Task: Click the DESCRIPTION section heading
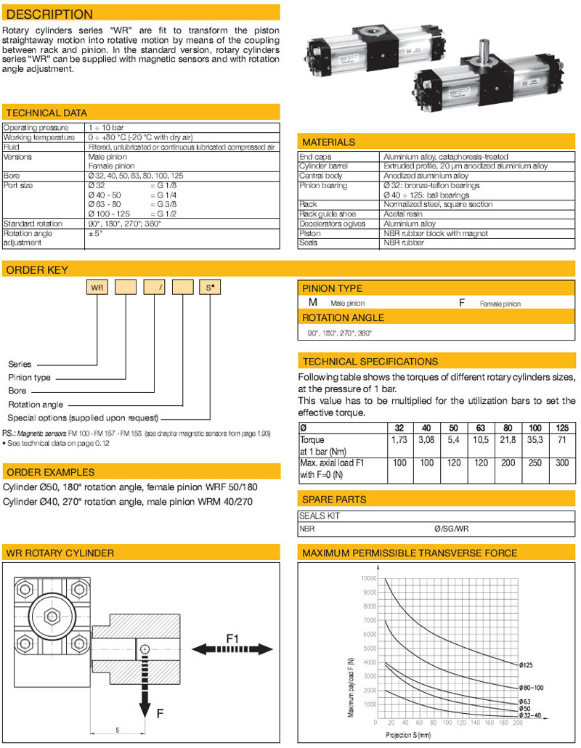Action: (49, 14)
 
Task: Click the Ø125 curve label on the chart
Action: (528, 664)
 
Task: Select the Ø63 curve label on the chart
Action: (524, 701)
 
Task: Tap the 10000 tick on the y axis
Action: (367, 578)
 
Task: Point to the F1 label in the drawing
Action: (233, 638)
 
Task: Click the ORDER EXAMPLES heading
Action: (50, 472)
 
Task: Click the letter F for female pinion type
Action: (461, 303)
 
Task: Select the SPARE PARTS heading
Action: (334, 499)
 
